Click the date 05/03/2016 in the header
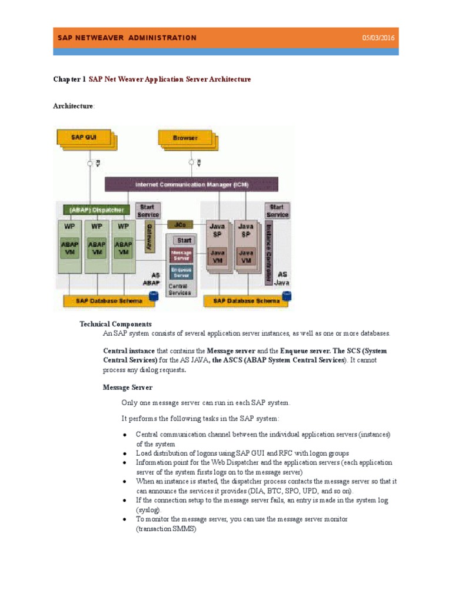click(378, 38)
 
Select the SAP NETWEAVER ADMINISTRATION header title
click(127, 38)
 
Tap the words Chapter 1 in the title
click(69, 79)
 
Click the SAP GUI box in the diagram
click(84, 138)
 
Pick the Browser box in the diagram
click(185, 138)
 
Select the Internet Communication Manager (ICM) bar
click(191, 184)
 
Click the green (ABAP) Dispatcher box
click(96, 210)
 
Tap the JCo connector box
click(180, 224)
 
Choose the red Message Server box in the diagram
click(181, 255)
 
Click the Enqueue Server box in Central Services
click(181, 271)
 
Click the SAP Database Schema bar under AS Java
click(246, 301)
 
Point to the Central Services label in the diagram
click(180, 289)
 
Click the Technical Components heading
click(115, 324)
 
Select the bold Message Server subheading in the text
click(128, 387)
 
